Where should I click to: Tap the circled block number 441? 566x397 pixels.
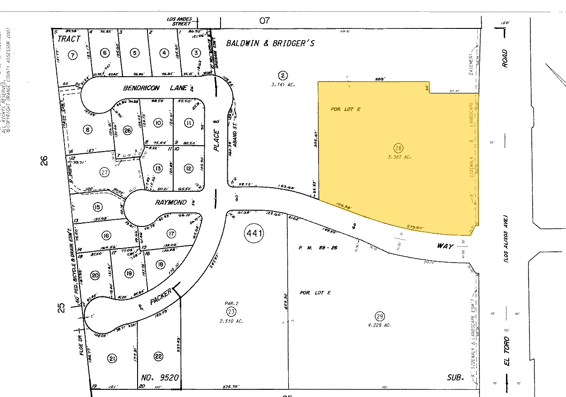click(254, 233)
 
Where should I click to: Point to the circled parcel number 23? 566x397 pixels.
click(231, 312)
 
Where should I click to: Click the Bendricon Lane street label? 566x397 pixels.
click(148, 88)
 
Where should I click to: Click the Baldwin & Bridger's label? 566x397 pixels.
click(270, 43)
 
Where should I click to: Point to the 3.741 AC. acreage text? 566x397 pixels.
click(283, 84)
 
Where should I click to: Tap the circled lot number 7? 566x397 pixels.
click(72, 55)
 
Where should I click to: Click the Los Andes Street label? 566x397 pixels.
click(179, 21)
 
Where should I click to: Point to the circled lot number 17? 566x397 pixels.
click(171, 234)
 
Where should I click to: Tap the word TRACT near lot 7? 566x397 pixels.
click(69, 39)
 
